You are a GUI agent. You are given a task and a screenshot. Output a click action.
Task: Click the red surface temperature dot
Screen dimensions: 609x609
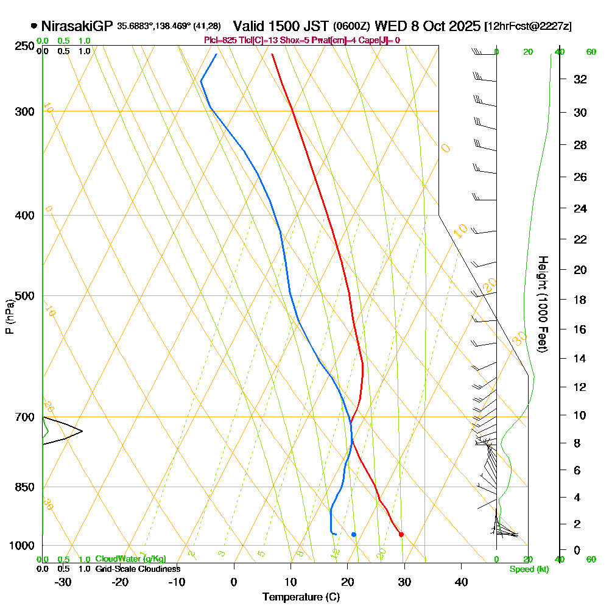(x=401, y=534)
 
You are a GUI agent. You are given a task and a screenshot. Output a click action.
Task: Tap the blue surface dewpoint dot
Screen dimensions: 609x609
(x=354, y=534)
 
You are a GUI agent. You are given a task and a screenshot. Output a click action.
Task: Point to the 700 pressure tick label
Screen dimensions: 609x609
(x=25, y=417)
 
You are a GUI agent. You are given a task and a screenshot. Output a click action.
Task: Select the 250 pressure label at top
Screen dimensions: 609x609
(x=25, y=46)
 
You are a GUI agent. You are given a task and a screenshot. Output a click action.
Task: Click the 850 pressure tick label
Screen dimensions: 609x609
(x=25, y=487)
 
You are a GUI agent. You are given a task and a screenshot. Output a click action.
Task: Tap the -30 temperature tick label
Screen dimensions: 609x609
(x=63, y=582)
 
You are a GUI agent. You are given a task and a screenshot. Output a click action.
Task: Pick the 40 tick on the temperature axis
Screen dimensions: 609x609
(x=461, y=582)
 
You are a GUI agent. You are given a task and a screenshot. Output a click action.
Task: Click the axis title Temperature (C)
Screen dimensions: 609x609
(x=301, y=597)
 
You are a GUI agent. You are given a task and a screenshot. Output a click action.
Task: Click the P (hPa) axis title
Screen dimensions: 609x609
(x=9, y=316)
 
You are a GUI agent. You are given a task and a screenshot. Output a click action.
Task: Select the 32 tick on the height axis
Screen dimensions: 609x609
(x=580, y=79)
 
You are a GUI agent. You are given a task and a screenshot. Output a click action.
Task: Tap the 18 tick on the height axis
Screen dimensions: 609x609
(x=580, y=300)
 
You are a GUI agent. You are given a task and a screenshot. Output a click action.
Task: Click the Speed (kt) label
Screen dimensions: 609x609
(x=529, y=569)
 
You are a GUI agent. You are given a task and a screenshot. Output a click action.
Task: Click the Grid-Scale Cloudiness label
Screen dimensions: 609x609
(x=138, y=569)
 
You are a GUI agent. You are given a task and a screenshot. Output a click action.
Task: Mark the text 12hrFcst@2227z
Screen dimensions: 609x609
(x=527, y=27)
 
